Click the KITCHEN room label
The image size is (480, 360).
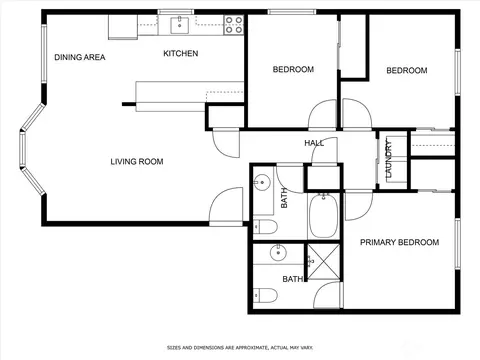(181, 53)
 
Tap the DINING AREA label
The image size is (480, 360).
(80, 57)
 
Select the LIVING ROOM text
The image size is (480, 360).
(137, 162)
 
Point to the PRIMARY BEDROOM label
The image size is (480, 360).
(399, 242)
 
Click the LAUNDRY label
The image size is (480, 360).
(389, 159)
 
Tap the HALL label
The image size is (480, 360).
(314, 143)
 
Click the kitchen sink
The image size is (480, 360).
(180, 25)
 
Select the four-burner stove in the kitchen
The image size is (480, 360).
(234, 25)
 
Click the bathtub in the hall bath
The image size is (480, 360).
(323, 216)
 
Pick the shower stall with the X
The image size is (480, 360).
(324, 262)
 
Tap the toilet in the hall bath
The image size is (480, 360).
(265, 227)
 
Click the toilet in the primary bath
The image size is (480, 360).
(265, 295)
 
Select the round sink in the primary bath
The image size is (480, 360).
(278, 253)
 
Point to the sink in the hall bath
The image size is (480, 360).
(262, 183)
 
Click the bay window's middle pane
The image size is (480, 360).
(23, 149)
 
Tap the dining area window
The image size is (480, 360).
(44, 53)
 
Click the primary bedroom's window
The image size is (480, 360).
(458, 244)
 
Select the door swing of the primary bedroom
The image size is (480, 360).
(358, 205)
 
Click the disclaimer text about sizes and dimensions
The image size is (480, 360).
(240, 348)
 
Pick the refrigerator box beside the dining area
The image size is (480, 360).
(123, 27)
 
